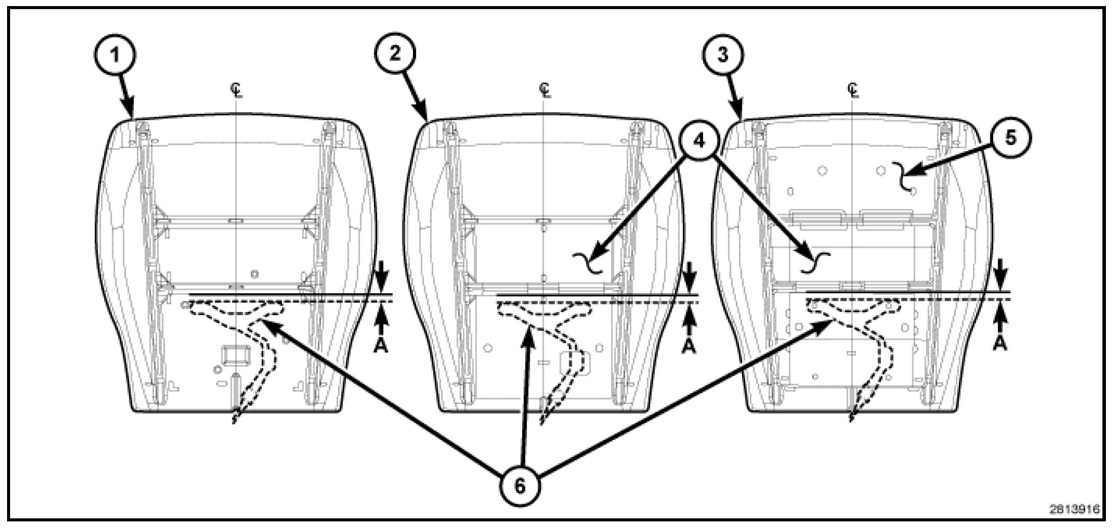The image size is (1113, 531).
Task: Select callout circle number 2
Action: click(395, 54)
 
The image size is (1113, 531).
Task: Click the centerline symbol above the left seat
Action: click(236, 90)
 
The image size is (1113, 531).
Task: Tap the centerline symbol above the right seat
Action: click(853, 90)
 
